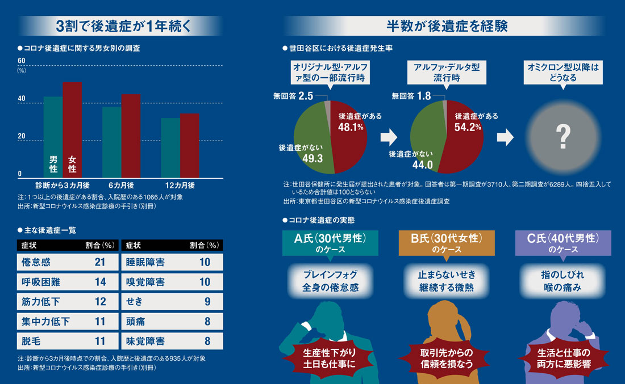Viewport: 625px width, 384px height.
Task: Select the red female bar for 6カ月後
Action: pos(131,136)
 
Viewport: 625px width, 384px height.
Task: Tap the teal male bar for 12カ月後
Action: pos(170,149)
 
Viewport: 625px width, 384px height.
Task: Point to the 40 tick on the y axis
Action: pos(22,99)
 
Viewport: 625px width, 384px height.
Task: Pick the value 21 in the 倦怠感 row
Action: pos(101,261)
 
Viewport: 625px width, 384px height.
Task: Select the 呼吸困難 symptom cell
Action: pos(41,281)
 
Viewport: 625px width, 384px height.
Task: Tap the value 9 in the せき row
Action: pos(207,301)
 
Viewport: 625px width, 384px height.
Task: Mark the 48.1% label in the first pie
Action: pos(351,127)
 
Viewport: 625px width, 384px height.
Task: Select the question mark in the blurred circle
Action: pos(562,136)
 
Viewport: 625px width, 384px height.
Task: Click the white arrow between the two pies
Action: pos(389,137)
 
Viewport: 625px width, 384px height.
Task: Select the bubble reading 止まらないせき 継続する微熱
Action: pos(447,281)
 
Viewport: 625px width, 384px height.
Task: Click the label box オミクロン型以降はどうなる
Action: pos(562,73)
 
